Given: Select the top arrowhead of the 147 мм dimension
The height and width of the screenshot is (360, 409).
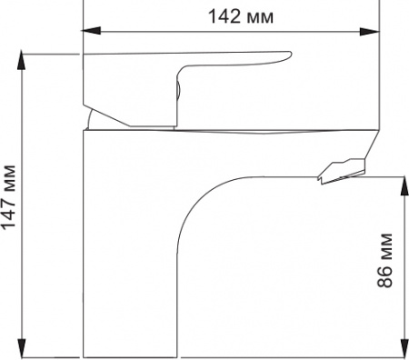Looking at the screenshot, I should click(22, 57).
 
